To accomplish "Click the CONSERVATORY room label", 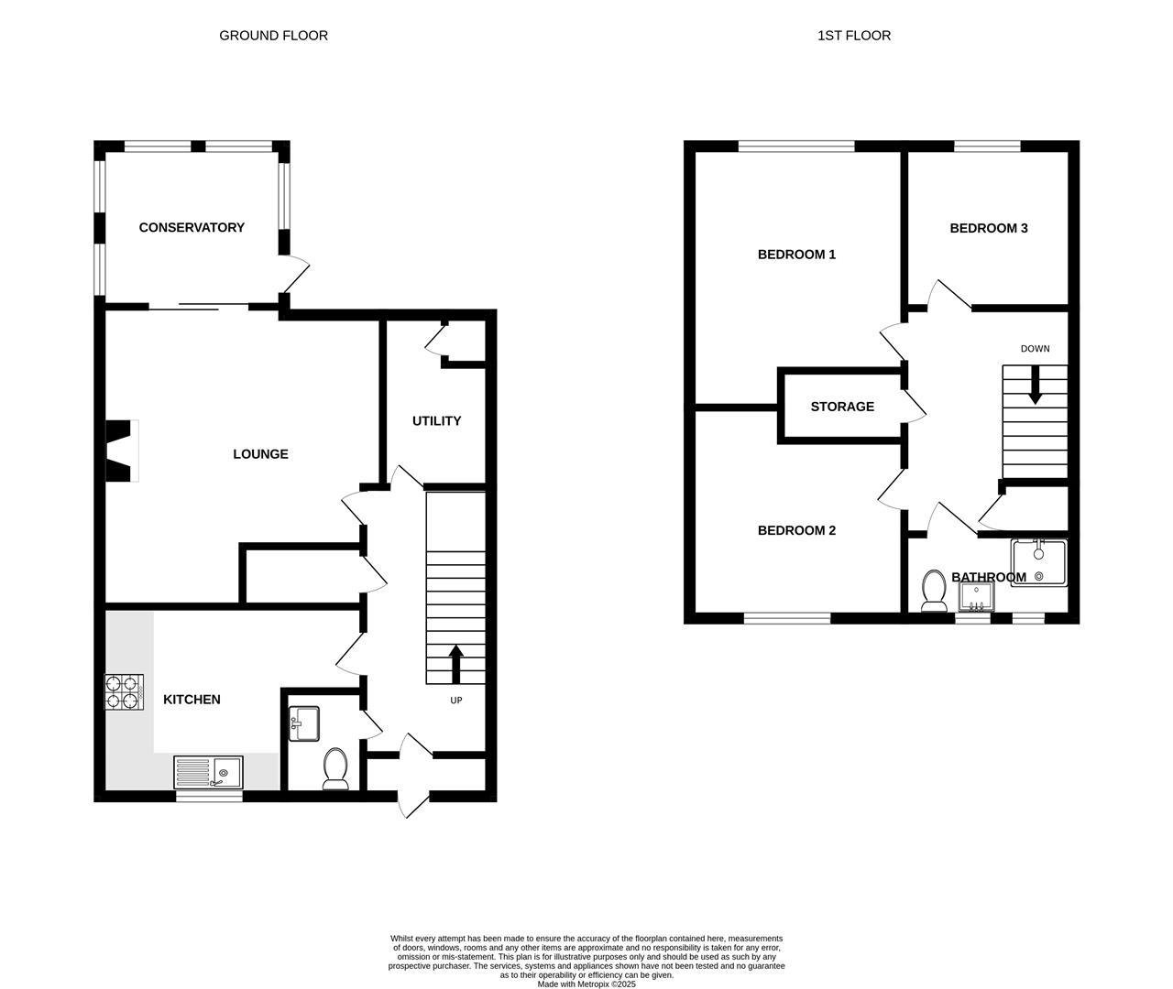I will pos(192,227).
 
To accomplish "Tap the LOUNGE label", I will pos(260,454).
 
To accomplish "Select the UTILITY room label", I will pos(436,421).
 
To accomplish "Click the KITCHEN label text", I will pos(192,700).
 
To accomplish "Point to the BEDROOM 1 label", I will pos(796,255).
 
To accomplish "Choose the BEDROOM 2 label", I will pos(796,530).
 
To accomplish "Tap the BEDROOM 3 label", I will pos(988,228).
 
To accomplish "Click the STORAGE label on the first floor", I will pos(842,407).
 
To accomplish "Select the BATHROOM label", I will pos(988,577).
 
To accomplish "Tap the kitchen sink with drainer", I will pos(209,773).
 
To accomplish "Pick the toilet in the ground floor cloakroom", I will pos(335,769).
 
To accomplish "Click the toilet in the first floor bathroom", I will pos(934,591).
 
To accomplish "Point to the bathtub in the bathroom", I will pos(1039,563).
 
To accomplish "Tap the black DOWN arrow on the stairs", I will pos(1035,385).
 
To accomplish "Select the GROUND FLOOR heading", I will pos(273,36).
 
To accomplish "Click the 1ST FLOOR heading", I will pos(854,36).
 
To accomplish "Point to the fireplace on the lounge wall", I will pos(121,451).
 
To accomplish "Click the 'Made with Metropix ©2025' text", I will pos(586,984).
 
